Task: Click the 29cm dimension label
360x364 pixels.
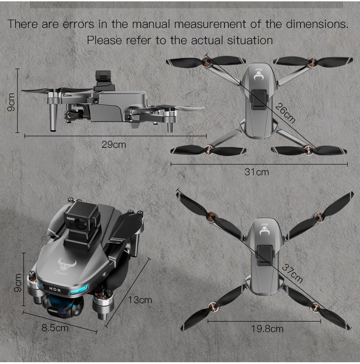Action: pos(113,145)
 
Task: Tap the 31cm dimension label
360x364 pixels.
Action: pos(256,172)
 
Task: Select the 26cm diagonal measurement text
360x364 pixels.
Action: pos(285,113)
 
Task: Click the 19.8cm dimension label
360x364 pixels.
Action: pos(267,329)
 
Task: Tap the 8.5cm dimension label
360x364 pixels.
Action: pos(55,328)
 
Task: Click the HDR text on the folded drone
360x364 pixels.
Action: pos(55,288)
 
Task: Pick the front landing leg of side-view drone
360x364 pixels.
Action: pos(53,117)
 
